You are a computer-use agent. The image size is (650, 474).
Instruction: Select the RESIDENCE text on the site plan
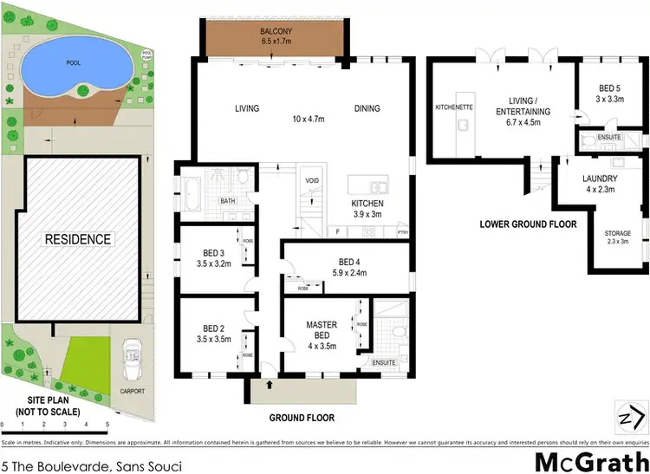tap(77, 239)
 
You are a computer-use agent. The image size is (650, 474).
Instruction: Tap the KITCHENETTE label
tap(451, 108)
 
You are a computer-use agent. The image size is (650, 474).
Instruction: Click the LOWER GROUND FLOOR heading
tap(528, 224)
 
